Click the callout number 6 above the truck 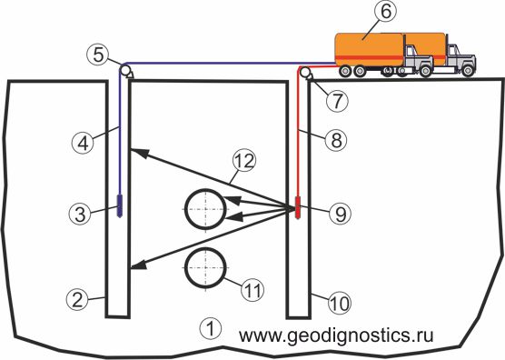point(385,11)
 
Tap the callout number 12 point(244,162)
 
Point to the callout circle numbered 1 point(211,329)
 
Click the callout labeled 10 point(340,303)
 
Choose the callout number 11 point(252,290)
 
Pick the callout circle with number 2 point(77,299)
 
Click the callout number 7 point(337,101)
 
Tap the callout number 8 point(336,140)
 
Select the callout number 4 point(83,142)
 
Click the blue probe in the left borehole point(119,205)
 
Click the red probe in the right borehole point(298,207)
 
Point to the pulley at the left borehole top point(125,70)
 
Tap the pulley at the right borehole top point(304,72)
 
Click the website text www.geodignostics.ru point(336,335)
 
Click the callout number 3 point(80,214)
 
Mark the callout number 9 point(340,214)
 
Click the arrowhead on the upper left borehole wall point(140,153)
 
